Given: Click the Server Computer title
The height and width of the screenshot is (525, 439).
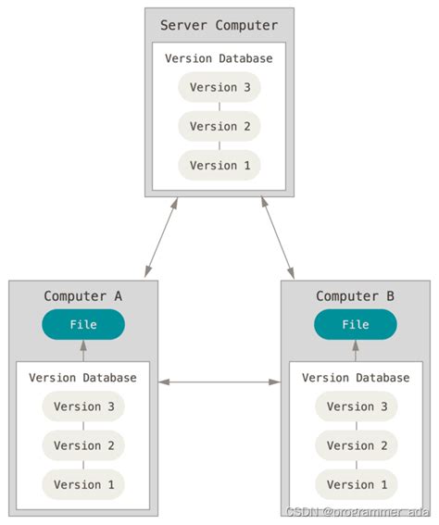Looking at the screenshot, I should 219,25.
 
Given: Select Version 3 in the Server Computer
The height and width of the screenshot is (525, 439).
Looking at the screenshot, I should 219,87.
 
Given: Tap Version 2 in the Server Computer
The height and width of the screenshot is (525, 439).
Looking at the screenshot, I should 219,126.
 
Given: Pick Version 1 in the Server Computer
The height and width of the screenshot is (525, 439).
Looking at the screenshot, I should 219,165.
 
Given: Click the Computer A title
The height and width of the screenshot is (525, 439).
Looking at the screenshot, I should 83,296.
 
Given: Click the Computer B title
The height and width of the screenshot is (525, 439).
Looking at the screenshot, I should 356,296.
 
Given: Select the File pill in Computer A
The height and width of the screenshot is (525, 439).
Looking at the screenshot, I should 83,325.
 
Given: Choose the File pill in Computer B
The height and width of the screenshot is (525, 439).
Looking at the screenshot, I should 356,325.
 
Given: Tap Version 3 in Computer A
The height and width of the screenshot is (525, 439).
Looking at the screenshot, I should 83,406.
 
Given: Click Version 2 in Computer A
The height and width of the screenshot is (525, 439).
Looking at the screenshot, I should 83,445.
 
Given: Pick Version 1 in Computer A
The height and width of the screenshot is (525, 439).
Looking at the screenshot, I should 83,484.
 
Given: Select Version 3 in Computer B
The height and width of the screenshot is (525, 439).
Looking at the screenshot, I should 356,406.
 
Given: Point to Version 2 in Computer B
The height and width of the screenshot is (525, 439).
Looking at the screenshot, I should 356,445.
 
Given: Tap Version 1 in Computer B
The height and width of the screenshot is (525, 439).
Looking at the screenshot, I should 356,484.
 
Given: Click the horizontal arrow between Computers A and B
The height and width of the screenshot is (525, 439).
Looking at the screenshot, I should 219,381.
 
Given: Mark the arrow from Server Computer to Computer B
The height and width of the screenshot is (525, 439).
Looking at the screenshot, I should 278,237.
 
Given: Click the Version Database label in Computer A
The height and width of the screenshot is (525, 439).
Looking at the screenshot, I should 83,378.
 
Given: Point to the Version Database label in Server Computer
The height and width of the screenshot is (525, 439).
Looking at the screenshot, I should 219,58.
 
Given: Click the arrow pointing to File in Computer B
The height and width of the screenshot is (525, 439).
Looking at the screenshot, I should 356,351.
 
